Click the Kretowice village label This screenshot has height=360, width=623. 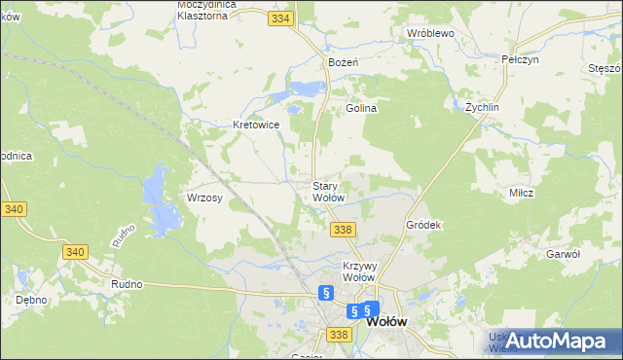[256, 126]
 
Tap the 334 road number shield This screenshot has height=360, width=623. [281, 18]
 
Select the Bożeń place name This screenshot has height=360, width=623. [344, 62]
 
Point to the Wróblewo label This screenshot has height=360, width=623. [431, 33]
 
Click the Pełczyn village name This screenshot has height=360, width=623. [520, 59]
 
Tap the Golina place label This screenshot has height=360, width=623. [361, 109]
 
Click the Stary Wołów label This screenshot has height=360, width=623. [327, 192]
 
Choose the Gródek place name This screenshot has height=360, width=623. [423, 225]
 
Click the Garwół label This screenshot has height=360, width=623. [563, 253]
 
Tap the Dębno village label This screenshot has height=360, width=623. [31, 300]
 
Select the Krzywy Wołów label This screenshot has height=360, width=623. [359, 270]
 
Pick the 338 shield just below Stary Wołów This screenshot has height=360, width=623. [342, 230]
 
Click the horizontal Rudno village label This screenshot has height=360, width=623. [127, 285]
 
